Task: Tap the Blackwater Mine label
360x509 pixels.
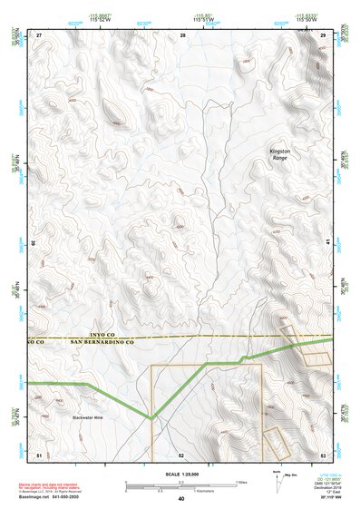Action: point(88,417)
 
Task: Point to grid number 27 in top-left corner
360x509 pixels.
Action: point(39,34)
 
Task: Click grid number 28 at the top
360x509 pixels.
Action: point(183,34)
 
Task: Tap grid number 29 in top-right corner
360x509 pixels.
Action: point(324,34)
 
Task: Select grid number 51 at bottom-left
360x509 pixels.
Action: point(39,453)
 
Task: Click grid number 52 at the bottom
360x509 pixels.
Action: point(181,453)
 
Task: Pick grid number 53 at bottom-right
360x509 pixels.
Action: point(324,453)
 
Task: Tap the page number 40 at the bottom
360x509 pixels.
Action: point(180,499)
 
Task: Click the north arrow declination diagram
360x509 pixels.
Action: point(277,482)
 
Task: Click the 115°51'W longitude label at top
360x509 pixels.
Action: point(205,19)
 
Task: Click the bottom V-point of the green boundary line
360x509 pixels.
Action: point(153,419)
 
